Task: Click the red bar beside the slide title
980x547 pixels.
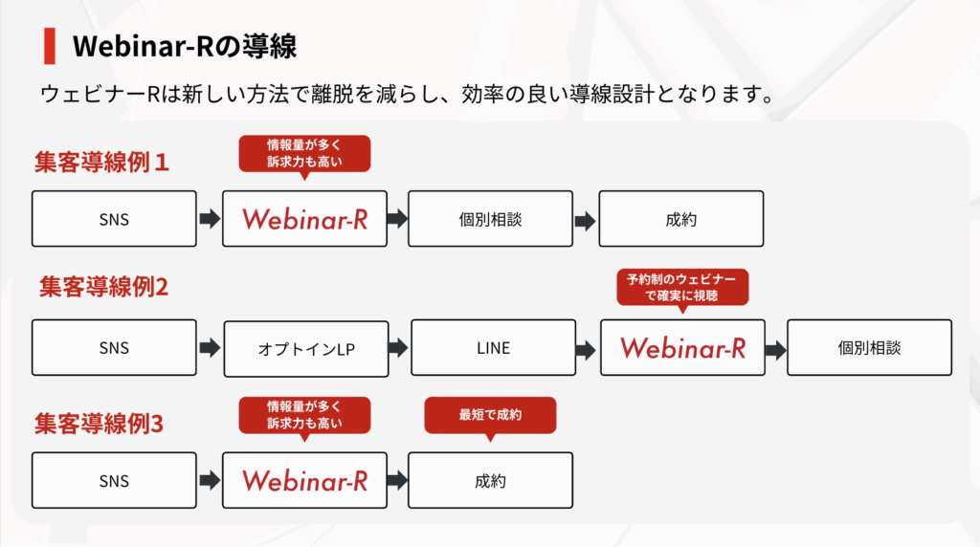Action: (x=50, y=46)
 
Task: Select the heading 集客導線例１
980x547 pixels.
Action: (x=101, y=163)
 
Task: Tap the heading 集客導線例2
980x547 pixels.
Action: (x=103, y=287)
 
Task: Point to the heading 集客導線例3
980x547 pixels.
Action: (x=99, y=424)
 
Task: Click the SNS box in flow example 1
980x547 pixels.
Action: (x=115, y=219)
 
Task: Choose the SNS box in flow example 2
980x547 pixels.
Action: (x=115, y=348)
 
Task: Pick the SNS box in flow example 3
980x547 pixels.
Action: (x=115, y=481)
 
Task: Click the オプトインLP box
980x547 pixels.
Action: (x=306, y=349)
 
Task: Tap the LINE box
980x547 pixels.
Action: (x=494, y=348)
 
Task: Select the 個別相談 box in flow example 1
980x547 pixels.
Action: (x=491, y=219)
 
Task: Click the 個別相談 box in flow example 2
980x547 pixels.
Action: (x=869, y=348)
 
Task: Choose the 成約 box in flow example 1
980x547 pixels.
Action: (x=681, y=219)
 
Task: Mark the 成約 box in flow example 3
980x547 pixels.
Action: (x=491, y=481)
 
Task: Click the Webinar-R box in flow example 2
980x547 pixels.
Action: (x=682, y=348)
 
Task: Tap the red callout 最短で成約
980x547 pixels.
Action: (x=490, y=415)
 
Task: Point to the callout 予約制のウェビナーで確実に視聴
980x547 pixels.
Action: (x=682, y=288)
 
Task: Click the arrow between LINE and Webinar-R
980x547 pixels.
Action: (x=586, y=350)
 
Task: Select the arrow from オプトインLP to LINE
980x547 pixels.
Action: (x=398, y=348)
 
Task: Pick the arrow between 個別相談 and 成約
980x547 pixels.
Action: (x=585, y=221)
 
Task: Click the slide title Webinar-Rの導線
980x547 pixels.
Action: (x=185, y=46)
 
